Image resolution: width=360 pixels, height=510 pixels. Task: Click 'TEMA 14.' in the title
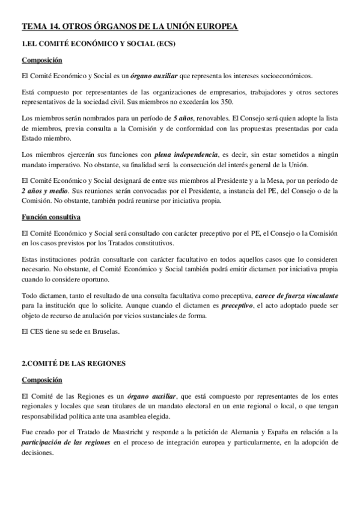[38, 26]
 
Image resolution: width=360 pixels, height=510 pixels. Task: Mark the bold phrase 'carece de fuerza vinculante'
[296, 296]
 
